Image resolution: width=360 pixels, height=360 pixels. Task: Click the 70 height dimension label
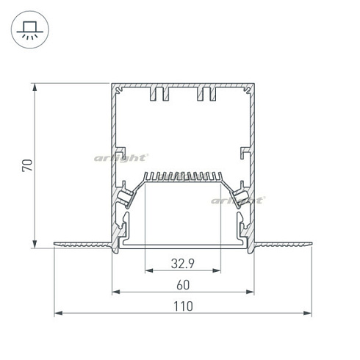[27, 165]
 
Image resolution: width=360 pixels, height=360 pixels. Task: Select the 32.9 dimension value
[183, 264]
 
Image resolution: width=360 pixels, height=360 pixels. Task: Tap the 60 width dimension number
[183, 285]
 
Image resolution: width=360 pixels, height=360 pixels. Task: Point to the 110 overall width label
[183, 306]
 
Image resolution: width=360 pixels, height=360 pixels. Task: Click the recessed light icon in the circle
[30, 29]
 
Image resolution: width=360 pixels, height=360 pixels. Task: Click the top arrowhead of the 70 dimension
[35, 87]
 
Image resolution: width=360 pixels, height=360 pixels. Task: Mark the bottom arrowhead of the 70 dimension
[35, 244]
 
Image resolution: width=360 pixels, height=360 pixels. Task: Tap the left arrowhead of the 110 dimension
[58, 313]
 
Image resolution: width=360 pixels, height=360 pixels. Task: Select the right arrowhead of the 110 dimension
[307, 313]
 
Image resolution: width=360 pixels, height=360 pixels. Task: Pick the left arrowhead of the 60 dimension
[116, 292]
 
